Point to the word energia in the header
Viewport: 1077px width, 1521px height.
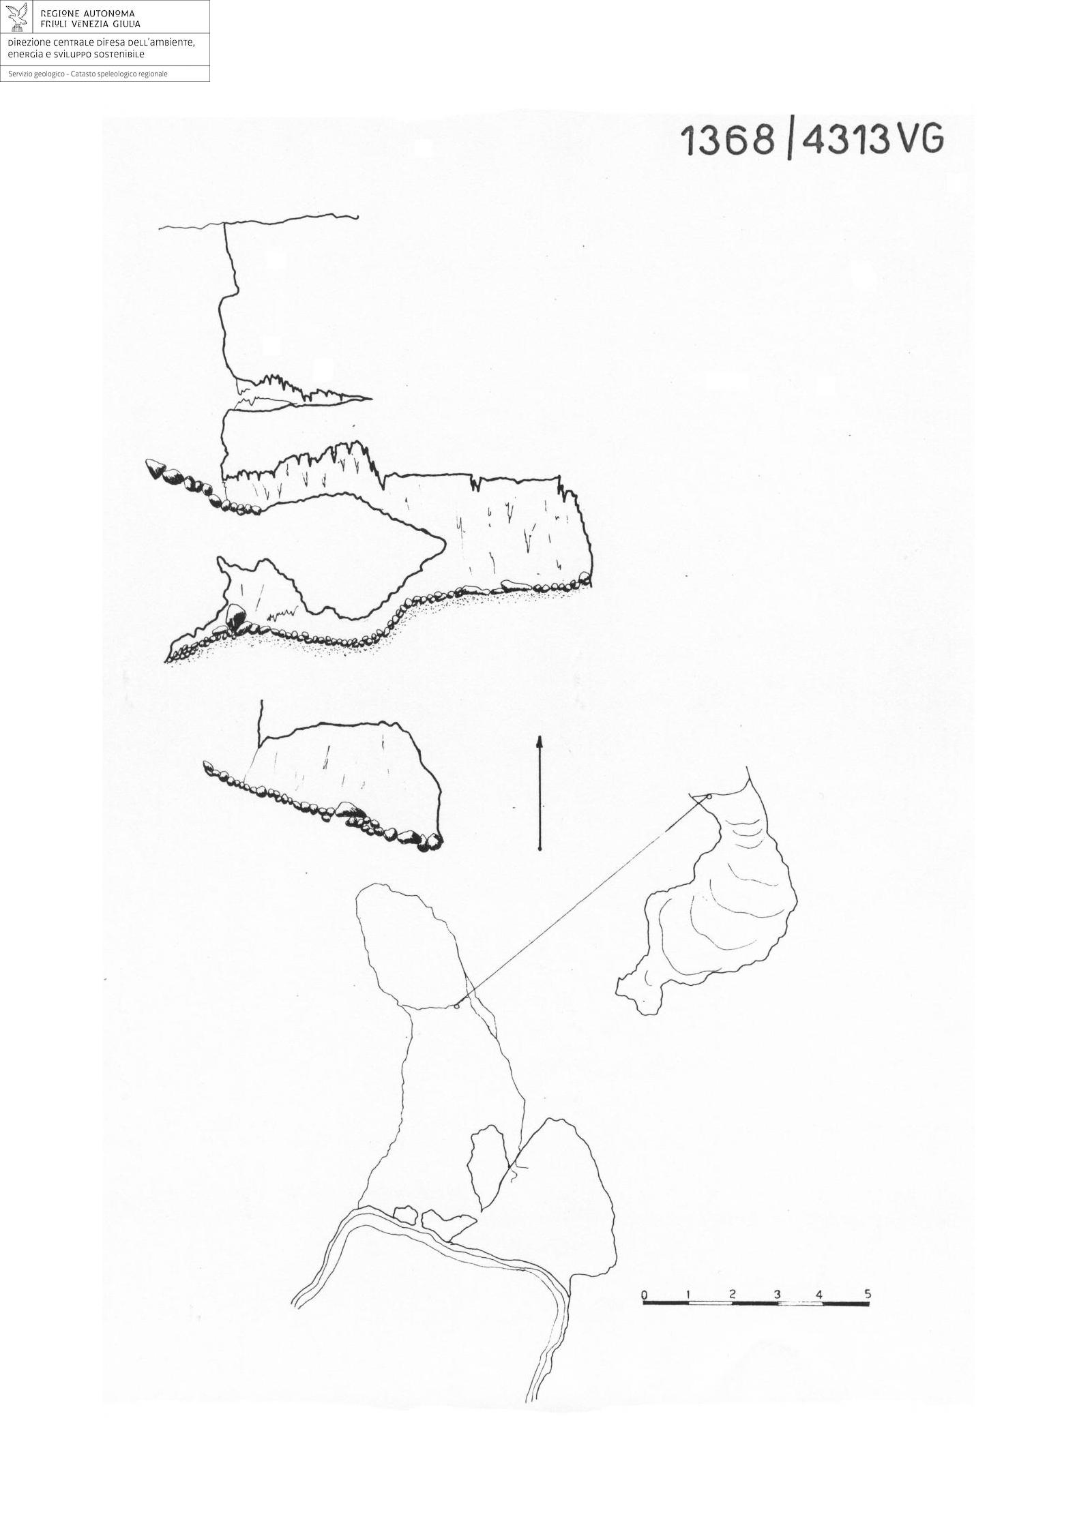point(25,55)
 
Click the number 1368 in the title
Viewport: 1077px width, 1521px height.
point(728,140)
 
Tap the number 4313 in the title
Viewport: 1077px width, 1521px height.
point(846,140)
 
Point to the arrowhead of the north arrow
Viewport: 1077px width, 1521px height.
point(540,741)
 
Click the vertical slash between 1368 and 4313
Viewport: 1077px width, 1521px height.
point(789,141)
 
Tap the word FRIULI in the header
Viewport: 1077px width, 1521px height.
point(55,25)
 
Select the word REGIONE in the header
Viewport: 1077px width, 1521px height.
point(60,14)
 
